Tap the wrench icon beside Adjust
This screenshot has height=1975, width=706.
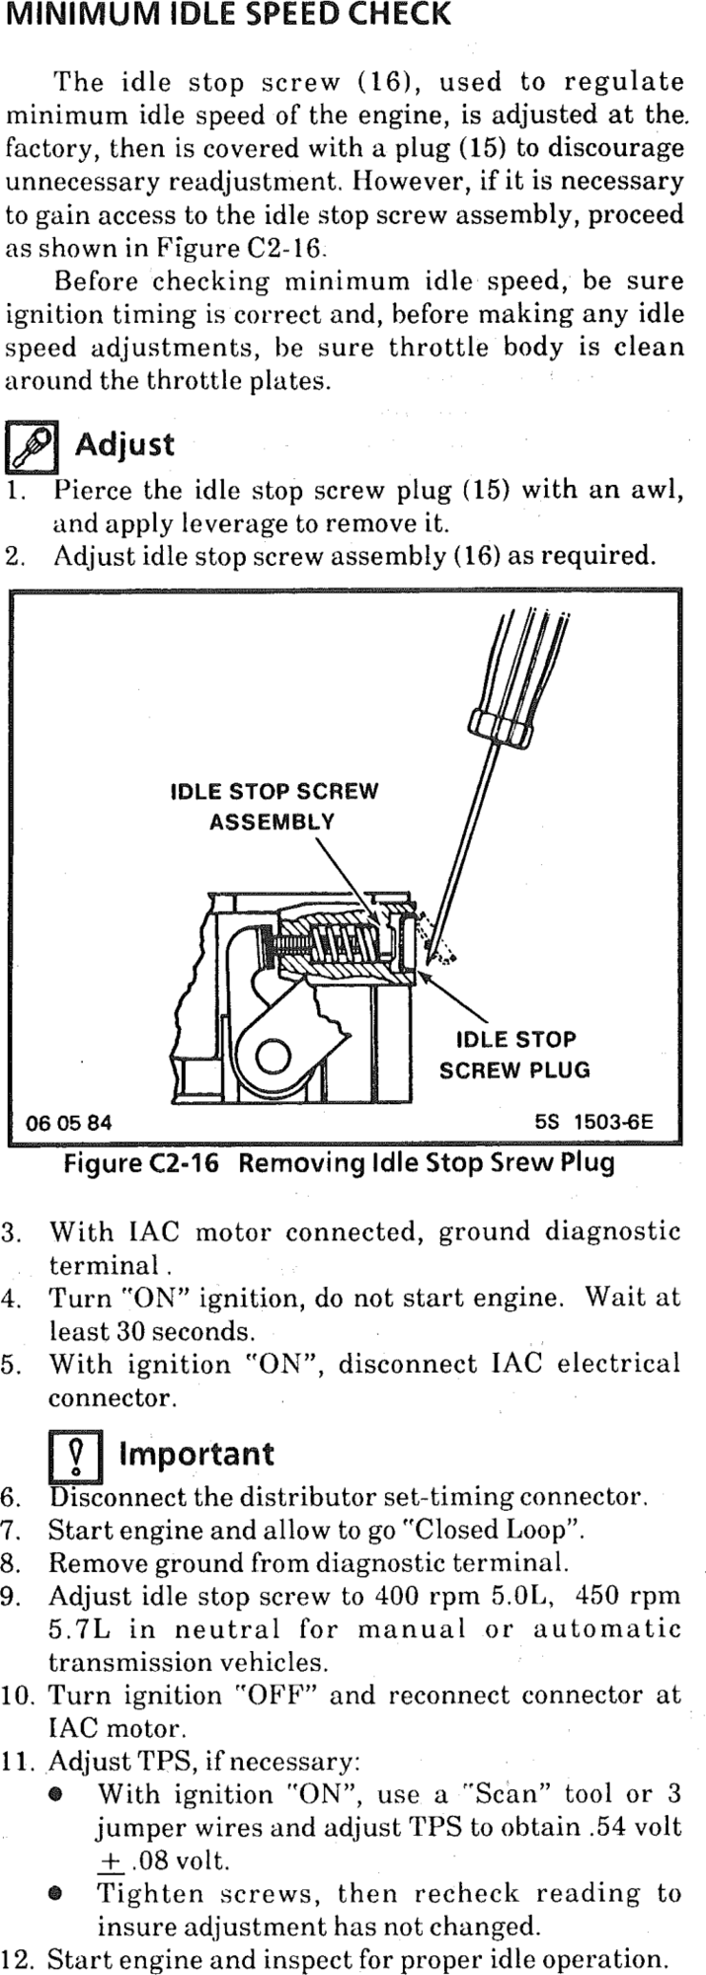point(33,446)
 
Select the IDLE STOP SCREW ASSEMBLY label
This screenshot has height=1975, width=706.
point(274,806)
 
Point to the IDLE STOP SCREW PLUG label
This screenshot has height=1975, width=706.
point(513,1054)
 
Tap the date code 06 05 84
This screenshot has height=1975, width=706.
point(69,1123)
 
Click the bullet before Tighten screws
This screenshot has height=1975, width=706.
point(56,1895)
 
